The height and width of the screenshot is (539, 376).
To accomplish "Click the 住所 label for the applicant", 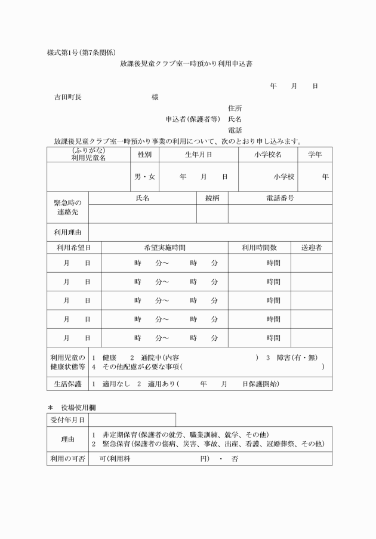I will coord(235,108).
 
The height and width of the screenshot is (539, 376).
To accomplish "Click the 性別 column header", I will coord(144,155).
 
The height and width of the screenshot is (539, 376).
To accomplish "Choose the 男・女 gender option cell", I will coord(144,177).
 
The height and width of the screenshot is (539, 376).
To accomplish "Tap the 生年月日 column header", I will coord(199,155).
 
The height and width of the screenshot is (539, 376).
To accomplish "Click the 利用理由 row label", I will coord(68,232).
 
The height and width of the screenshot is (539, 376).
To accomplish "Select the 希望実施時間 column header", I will coord(165,247).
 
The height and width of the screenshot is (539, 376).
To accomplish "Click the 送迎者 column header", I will coord(312,247).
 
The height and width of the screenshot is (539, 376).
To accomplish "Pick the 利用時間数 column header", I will coord(259,247).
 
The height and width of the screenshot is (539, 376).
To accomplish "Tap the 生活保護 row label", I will coord(68,383).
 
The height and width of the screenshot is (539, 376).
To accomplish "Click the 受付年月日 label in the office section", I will coord(68,420).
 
